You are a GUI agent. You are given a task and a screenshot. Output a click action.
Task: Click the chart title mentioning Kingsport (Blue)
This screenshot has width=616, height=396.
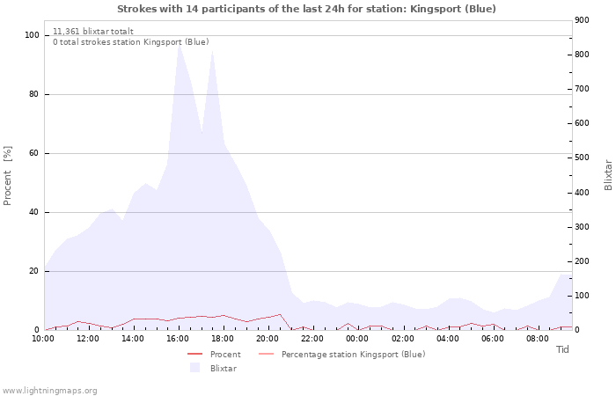(x=306, y=9)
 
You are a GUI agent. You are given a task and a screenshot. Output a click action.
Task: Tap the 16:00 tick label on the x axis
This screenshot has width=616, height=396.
(x=179, y=338)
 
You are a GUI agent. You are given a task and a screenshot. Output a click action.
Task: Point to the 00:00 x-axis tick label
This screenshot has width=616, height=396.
(x=357, y=338)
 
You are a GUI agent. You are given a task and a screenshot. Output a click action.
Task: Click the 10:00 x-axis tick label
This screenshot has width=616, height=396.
(x=43, y=338)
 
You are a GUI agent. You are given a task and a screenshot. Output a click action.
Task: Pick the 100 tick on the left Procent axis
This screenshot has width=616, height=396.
(x=33, y=35)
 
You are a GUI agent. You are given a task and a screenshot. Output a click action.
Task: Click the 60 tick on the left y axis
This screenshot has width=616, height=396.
(x=35, y=153)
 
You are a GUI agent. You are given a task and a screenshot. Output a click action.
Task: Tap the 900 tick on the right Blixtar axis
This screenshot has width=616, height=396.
(x=583, y=20)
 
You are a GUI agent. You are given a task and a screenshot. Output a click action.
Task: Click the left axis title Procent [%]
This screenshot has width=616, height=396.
(x=8, y=176)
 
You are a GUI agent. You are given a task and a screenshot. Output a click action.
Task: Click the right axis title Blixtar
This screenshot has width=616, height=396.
(x=608, y=174)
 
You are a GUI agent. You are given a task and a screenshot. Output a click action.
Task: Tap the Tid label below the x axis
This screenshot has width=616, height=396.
(x=562, y=349)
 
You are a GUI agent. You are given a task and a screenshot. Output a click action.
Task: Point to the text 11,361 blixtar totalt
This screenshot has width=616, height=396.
(x=93, y=31)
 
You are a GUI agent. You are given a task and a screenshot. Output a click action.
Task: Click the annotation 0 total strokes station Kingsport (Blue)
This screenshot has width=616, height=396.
(x=130, y=41)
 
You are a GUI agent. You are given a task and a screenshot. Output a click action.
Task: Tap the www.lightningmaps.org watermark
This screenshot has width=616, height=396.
(x=49, y=390)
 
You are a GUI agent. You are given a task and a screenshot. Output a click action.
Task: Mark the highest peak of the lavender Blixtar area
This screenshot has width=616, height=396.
(x=179, y=43)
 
